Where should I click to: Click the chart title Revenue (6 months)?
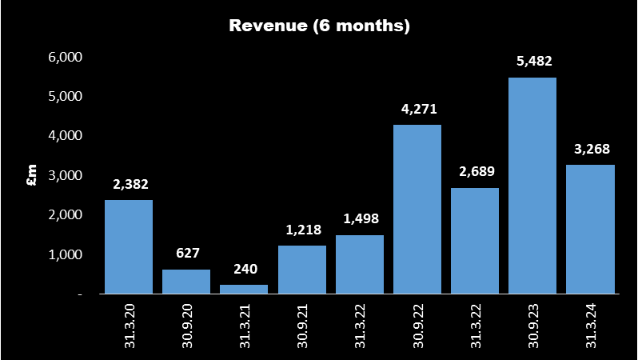[319, 26]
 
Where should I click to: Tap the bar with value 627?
[186, 282]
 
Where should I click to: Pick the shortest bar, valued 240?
[244, 289]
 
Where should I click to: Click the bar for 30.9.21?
[301, 270]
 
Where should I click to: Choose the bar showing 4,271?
[417, 210]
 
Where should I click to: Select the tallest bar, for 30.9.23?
[532, 186]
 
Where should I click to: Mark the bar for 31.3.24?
[590, 230]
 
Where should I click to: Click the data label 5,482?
[532, 62]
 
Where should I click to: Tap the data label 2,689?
[475, 172]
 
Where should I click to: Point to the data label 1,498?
[360, 219]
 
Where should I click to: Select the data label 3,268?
[590, 149]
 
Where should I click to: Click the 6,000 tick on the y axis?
[66, 58]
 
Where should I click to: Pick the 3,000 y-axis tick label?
[66, 175]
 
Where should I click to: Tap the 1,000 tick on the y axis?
[66, 254]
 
